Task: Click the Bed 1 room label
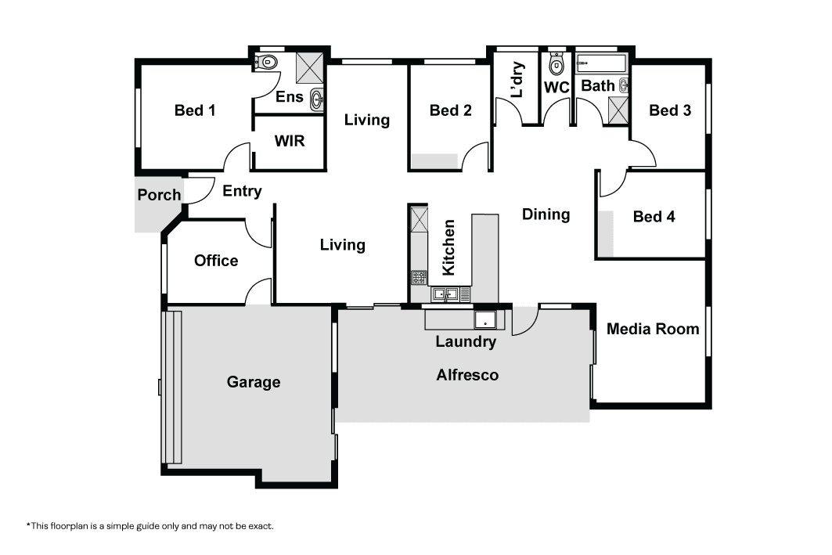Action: point(195,110)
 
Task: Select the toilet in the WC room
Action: point(556,64)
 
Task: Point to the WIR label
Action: point(290,141)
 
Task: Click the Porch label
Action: point(159,195)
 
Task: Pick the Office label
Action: point(216,261)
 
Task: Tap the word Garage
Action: point(254,382)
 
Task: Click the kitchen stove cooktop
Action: point(419,277)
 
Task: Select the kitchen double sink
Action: point(445,294)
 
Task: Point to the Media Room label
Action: point(653,329)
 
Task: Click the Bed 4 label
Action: point(654,217)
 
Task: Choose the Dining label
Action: point(546,214)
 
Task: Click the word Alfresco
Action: point(467,375)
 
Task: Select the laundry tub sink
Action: point(485,321)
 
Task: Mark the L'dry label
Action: point(517,80)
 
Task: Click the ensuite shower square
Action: point(309,68)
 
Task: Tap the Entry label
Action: point(242,191)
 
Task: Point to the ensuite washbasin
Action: point(316,99)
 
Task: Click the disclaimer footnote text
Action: point(150,526)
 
